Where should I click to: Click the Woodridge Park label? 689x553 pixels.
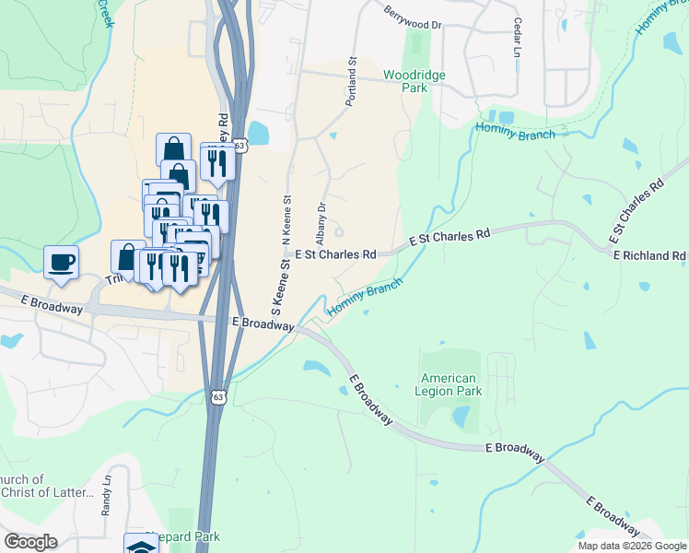[x=405, y=80]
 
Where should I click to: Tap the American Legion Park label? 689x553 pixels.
[x=450, y=384]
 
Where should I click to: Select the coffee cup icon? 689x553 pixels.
[x=62, y=262]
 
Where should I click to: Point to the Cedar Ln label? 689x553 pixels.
[x=518, y=35]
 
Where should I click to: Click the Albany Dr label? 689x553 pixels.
[x=321, y=221]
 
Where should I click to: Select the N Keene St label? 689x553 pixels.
[x=286, y=219]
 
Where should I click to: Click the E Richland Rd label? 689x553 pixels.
[x=650, y=254]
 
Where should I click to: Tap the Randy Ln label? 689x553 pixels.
[x=107, y=495]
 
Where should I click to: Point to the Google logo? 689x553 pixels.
[x=30, y=542]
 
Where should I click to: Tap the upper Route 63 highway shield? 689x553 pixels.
[x=240, y=146]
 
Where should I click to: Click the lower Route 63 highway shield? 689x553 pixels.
[x=217, y=396]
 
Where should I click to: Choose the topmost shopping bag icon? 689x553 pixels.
[x=174, y=149]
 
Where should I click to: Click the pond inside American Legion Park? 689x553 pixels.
[x=460, y=417]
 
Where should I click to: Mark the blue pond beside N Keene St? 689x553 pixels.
[x=258, y=134]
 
